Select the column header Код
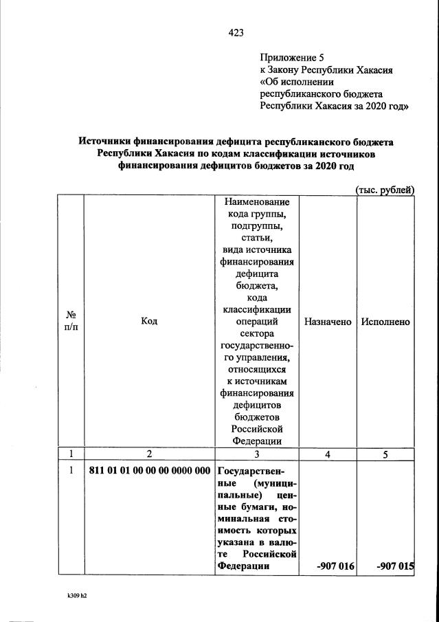coord(149,321)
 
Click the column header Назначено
coord(328,321)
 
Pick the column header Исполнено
coord(385,321)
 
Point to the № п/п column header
coord(70,321)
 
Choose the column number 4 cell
coord(328,454)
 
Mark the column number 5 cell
coord(385,454)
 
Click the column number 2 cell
coord(149,454)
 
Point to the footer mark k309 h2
coord(72,595)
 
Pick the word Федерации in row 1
coord(241,566)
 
